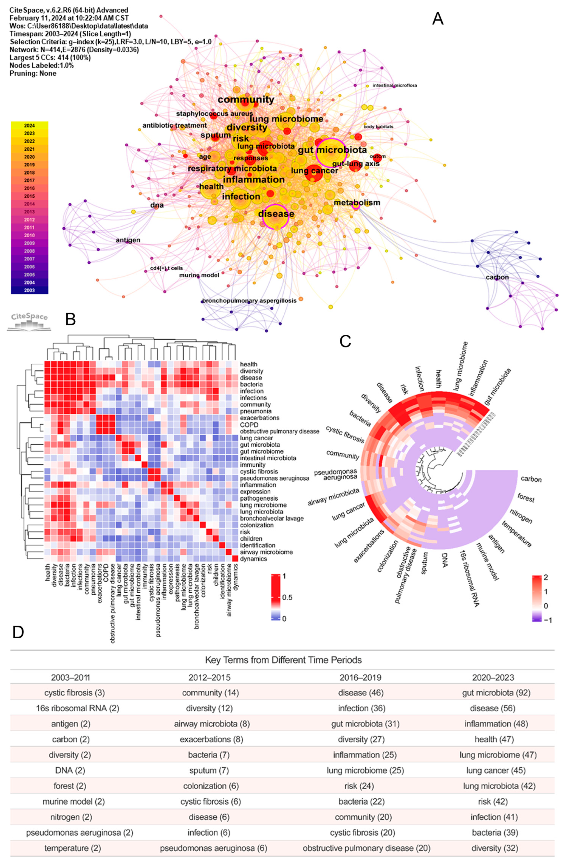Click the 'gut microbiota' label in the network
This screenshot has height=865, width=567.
(332, 150)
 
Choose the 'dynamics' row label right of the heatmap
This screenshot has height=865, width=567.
(253, 559)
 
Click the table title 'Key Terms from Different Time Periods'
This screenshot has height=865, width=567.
(283, 660)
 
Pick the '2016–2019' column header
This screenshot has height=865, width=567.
(360, 677)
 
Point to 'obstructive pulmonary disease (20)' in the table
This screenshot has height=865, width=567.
(366, 848)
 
